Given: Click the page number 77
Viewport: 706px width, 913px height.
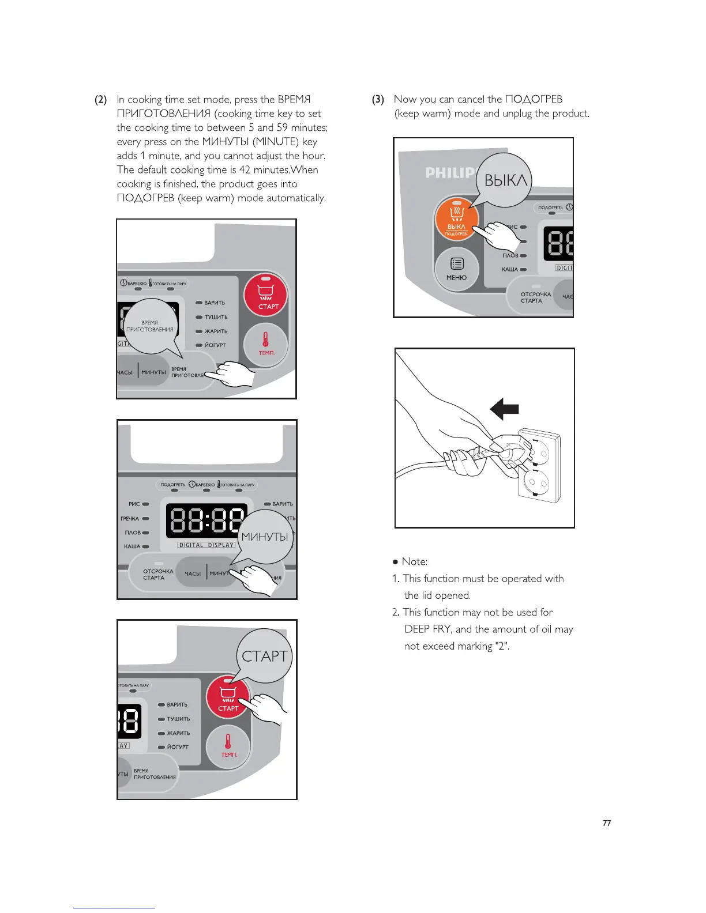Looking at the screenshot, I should click(x=606, y=823).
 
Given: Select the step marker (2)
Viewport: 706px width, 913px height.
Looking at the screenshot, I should click(x=100, y=100).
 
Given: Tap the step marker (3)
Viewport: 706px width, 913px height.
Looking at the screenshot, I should click(x=378, y=100).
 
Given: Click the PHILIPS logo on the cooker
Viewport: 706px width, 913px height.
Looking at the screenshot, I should click(x=450, y=172).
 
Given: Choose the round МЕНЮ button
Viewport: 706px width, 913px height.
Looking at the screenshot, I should click(x=456, y=268).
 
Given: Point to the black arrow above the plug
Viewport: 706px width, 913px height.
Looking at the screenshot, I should click(x=504, y=410).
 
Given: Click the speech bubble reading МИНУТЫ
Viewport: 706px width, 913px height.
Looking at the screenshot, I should click(x=265, y=537).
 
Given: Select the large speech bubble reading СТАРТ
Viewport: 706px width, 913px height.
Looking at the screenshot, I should click(x=264, y=656).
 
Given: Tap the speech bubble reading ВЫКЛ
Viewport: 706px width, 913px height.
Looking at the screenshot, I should click(x=505, y=180).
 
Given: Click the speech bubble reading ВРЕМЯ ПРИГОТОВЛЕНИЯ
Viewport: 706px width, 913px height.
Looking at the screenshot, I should click(x=150, y=326).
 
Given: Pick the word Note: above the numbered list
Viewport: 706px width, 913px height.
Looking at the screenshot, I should click(x=414, y=561).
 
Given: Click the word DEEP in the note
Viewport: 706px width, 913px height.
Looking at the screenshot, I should click(x=417, y=629).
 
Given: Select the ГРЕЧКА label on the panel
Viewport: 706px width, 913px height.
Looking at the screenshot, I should click(x=130, y=518).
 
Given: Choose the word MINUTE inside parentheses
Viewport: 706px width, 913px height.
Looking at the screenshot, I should click(x=275, y=142).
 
